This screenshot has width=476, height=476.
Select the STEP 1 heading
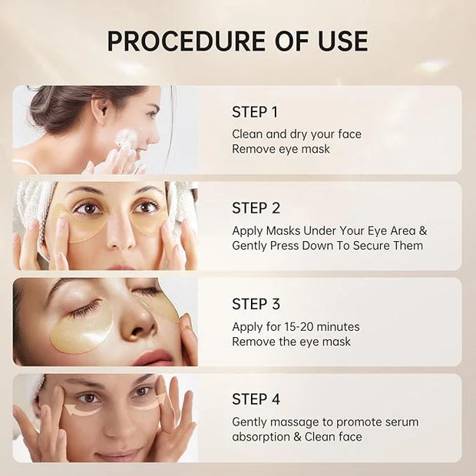tap(255, 112)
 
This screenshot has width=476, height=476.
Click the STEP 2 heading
tap(256, 208)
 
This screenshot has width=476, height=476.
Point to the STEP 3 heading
tap(256, 304)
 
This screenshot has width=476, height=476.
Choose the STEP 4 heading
tap(256, 399)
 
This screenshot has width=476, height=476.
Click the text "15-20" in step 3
tap(296, 326)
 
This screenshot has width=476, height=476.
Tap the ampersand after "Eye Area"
tap(423, 231)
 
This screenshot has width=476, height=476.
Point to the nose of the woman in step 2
tap(121, 233)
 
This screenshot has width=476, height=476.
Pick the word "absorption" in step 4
tap(261, 437)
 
